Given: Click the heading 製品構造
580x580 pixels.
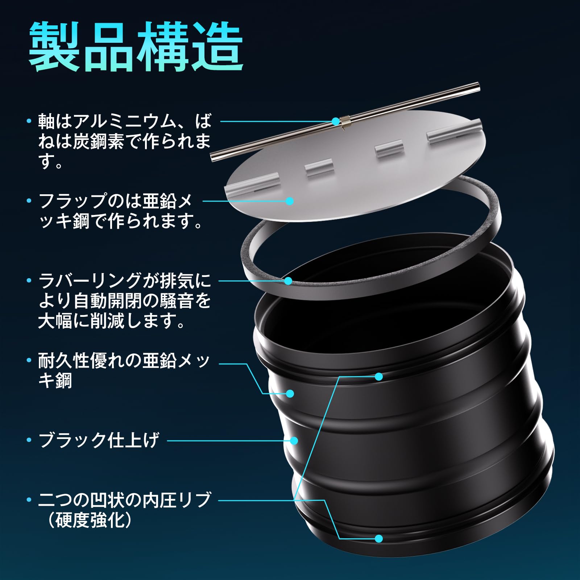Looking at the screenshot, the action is (x=136, y=47).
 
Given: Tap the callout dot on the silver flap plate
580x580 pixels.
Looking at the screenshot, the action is (x=289, y=200).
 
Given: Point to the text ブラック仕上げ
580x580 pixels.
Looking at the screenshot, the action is (x=99, y=440).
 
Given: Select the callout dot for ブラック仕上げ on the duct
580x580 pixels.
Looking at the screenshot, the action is (x=294, y=441).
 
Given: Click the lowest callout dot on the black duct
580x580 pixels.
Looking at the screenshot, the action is (x=379, y=538).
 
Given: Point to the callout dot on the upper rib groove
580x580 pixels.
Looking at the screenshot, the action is (x=379, y=377).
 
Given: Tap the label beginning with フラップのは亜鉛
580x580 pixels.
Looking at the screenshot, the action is (x=120, y=211).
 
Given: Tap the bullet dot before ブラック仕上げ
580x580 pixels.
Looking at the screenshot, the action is (x=29, y=440).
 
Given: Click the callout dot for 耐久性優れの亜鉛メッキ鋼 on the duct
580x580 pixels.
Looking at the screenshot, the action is (x=290, y=393).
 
